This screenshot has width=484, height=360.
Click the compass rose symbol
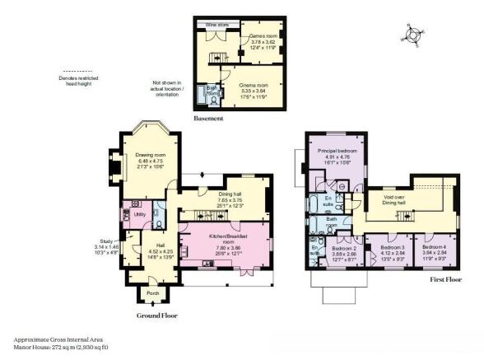point(413,34)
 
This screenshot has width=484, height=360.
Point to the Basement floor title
point(208,119)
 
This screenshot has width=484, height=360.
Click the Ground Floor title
point(156,315)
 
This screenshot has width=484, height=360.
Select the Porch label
point(151,292)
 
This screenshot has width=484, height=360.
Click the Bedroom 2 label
point(343,248)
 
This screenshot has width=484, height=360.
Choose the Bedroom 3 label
point(392,247)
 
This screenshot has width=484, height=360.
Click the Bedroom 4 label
point(434,247)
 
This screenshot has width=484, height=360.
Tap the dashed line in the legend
point(77,72)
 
